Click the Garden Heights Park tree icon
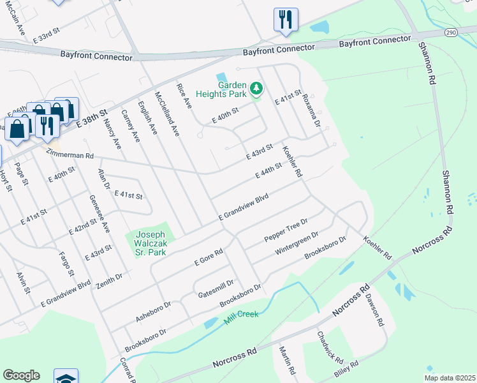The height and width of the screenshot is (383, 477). point(256,88)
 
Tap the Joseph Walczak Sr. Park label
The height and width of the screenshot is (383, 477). point(150,244)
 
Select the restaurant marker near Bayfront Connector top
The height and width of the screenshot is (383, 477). point(286,20)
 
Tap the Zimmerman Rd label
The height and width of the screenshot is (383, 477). point(71,155)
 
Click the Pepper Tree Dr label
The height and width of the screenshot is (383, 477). point(286,231)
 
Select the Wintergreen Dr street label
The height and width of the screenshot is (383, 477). point(297,244)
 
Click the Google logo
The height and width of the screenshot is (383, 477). point(21,375)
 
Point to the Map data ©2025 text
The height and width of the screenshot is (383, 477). point(449,378)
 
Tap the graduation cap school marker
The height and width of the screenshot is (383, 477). point(66,377)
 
